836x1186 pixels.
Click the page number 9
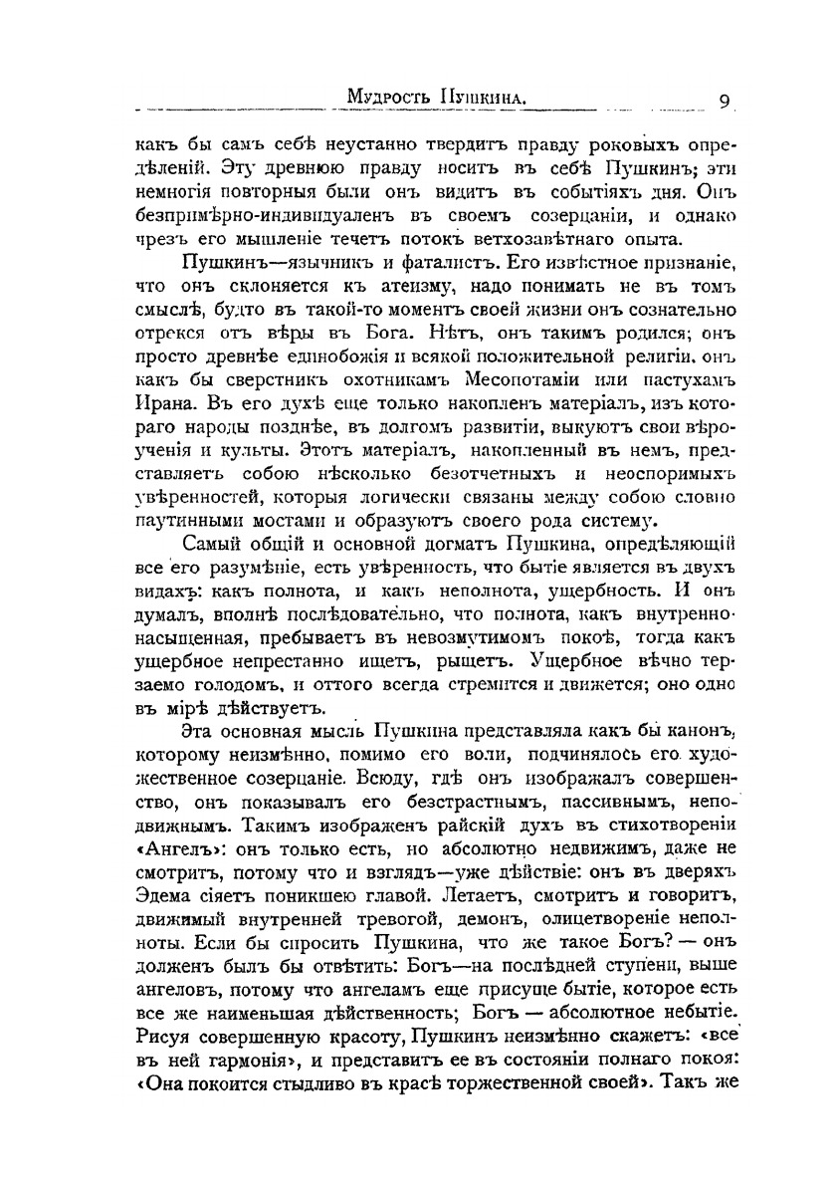[726, 100]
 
